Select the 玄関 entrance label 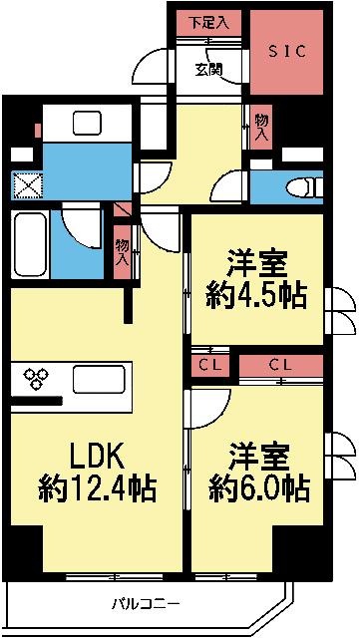210,69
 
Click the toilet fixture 299,186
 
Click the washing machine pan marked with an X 24,186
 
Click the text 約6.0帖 257,488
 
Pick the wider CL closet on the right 279,366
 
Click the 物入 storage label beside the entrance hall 261,124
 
